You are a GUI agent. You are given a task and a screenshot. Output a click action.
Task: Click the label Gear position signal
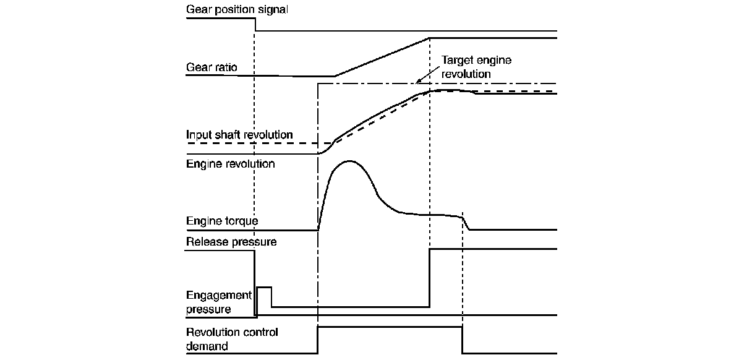click(x=237, y=10)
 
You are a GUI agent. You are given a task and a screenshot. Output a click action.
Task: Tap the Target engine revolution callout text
click(x=476, y=67)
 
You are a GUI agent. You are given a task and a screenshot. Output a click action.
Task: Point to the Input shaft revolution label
click(x=239, y=134)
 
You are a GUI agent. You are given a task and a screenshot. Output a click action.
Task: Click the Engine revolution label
click(x=230, y=164)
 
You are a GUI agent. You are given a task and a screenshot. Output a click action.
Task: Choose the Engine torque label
click(x=222, y=220)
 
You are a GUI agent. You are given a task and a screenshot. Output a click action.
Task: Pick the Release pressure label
click(x=231, y=241)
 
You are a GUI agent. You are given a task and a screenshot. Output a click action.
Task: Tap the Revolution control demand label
click(x=232, y=339)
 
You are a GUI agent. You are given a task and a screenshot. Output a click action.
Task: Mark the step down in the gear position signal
click(x=255, y=24)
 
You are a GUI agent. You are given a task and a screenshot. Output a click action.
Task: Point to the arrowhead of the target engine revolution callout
click(x=418, y=81)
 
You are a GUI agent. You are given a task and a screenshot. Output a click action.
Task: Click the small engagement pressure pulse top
click(x=264, y=288)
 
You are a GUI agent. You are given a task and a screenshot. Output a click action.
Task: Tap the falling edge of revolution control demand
click(x=463, y=340)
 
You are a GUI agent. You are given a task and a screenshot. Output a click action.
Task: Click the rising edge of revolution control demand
click(x=317, y=340)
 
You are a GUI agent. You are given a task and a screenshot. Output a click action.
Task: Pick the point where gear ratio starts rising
click(x=335, y=77)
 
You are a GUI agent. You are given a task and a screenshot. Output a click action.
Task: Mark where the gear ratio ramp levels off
click(x=430, y=38)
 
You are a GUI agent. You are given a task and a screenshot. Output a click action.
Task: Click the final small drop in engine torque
click(x=466, y=223)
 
